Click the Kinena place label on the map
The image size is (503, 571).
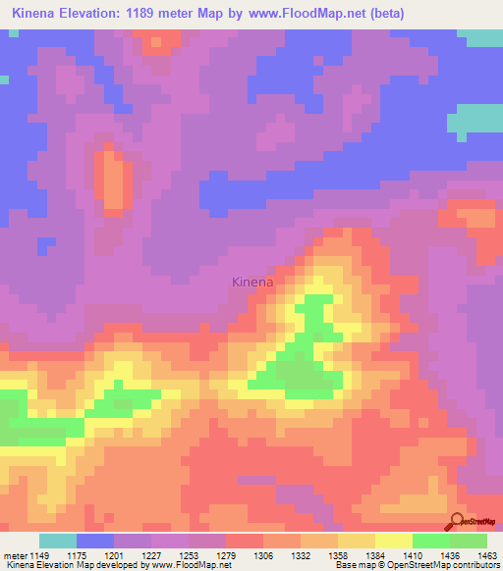point(252,282)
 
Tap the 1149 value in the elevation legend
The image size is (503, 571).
point(38,556)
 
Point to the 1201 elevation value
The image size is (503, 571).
point(115,556)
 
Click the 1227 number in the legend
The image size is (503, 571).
point(152,556)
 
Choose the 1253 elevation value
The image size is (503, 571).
point(190,556)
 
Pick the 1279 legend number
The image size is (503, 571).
point(227,556)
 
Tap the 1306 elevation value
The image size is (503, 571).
point(264,556)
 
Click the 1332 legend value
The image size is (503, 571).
point(302,556)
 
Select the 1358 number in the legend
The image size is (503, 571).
point(339,556)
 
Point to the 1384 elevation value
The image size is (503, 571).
point(376,556)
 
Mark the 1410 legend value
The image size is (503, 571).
point(414,556)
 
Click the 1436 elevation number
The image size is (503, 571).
point(451,556)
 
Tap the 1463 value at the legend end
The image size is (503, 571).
point(486,556)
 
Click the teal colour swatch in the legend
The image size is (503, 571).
point(58,541)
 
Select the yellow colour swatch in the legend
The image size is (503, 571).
point(394,541)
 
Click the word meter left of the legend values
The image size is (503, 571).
point(14,556)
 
